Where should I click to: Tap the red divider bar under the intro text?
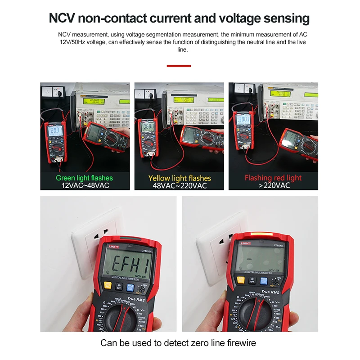(x=179, y=66)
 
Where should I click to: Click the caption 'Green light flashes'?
(x=84, y=178)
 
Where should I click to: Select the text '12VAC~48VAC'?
(x=84, y=185)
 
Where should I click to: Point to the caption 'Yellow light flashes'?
(x=180, y=178)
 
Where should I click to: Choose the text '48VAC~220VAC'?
(x=180, y=185)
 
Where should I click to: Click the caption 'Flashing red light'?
(x=273, y=178)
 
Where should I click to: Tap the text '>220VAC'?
(x=273, y=185)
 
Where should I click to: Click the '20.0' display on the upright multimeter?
(x=54, y=131)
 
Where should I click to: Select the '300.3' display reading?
(x=243, y=120)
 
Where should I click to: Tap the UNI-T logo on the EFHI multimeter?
(x=113, y=246)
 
